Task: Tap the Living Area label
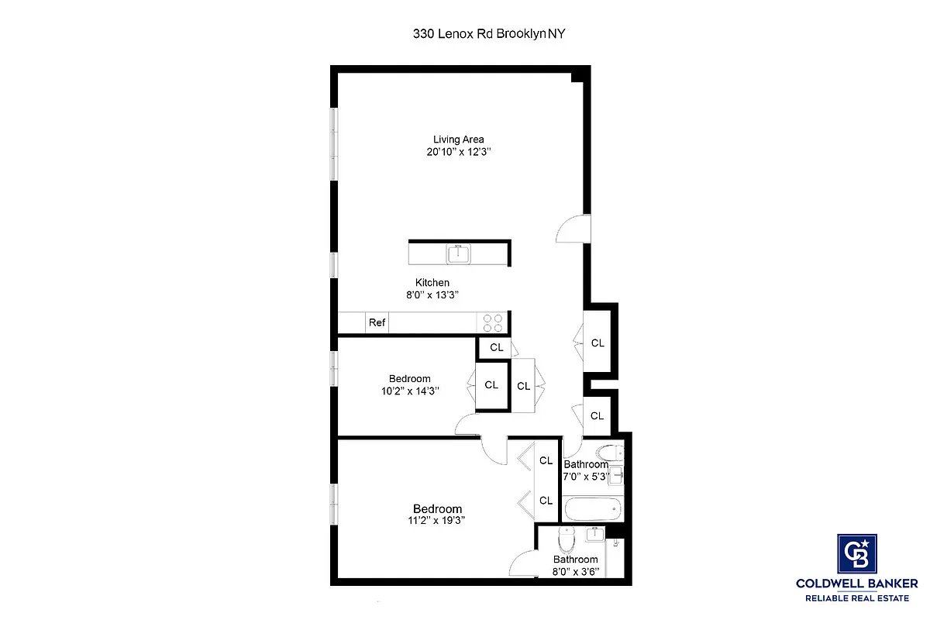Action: click(x=459, y=139)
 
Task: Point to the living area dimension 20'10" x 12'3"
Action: click(x=459, y=153)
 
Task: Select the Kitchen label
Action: click(x=432, y=282)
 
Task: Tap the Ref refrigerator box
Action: click(x=377, y=322)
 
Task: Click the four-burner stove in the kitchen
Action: click(x=493, y=322)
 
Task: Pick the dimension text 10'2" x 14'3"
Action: click(x=410, y=391)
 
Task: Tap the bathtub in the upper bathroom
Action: click(x=593, y=509)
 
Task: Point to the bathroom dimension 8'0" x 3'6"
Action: click(x=575, y=572)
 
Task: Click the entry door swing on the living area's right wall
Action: click(x=573, y=229)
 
